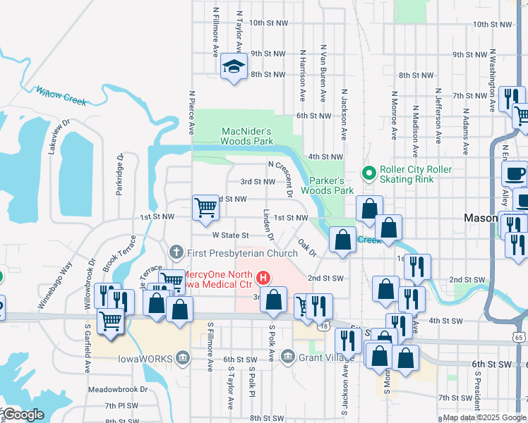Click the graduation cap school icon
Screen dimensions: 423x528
point(234,67)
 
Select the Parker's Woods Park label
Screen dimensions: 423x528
point(328,185)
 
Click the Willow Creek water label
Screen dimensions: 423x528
point(61,96)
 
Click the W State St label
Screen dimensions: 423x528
point(231,235)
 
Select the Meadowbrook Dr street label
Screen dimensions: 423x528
point(118,389)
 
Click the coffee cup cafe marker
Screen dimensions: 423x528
point(515,173)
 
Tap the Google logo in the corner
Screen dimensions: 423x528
point(23,414)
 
